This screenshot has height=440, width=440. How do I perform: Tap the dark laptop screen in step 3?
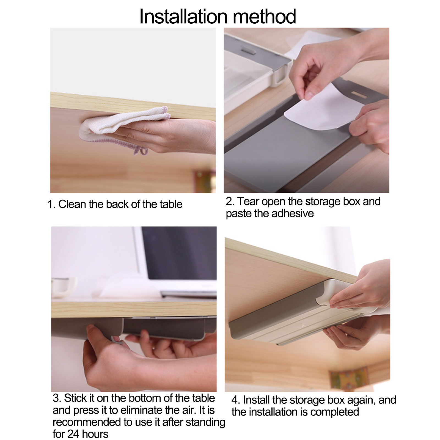point(179,253)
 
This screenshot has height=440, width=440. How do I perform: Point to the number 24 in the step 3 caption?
point(73,434)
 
